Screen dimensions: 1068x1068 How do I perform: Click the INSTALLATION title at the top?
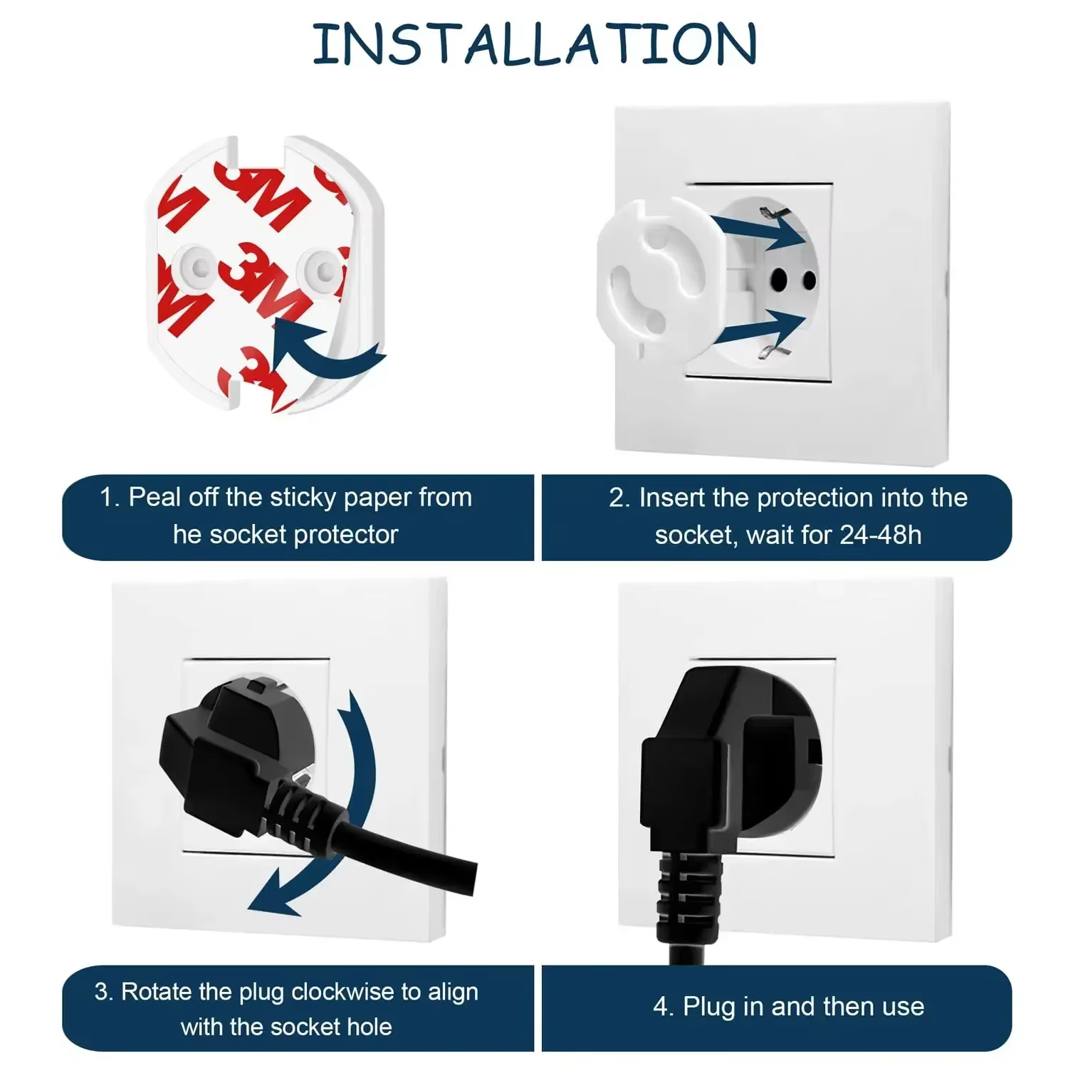coord(534,44)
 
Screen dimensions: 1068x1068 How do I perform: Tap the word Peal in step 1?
coord(155,497)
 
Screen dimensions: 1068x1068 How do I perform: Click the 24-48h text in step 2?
coord(880,534)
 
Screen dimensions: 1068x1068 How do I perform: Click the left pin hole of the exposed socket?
coord(778,278)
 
